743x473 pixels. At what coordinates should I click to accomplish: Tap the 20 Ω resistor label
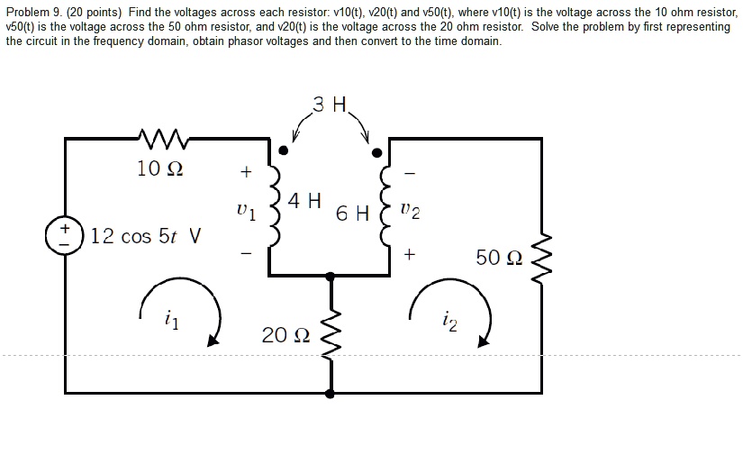tap(285, 335)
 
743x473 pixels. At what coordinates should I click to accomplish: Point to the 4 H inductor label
tap(306, 200)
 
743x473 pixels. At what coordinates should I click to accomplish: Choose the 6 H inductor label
tap(352, 214)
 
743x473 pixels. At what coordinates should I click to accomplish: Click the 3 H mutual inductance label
tap(330, 105)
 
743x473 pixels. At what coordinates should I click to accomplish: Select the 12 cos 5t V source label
tap(147, 236)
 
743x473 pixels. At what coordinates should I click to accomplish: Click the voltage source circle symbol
tap(65, 236)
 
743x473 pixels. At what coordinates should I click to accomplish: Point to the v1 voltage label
tap(245, 214)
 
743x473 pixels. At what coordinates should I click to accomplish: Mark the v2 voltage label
tap(410, 213)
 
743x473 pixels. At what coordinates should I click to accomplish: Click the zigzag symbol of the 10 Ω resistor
tap(163, 138)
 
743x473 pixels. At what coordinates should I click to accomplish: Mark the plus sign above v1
tap(244, 170)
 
